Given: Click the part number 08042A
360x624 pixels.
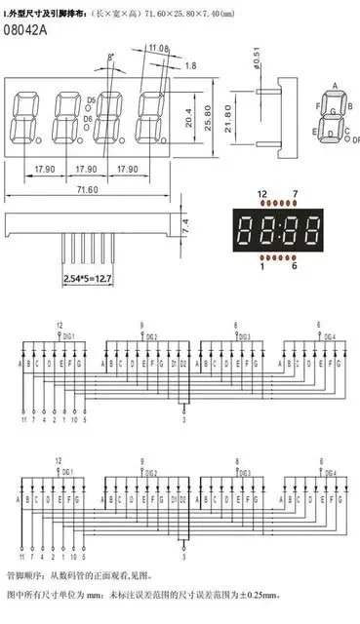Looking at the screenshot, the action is click(x=24, y=31).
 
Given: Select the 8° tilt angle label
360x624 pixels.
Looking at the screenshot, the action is click(x=110, y=58).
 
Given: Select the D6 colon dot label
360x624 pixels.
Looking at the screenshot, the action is click(x=92, y=119).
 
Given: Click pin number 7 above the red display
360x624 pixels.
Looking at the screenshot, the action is click(x=295, y=194).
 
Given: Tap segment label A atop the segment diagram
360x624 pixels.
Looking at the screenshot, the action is click(x=335, y=86).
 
